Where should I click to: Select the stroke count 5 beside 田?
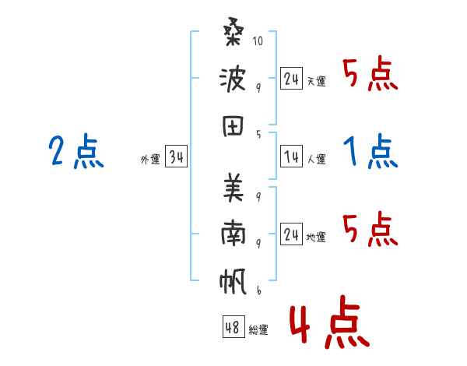pyautogui.click(x=258, y=134)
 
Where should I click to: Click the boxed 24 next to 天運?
pyautogui.click(x=291, y=79)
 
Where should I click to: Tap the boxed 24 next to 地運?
pyautogui.click(x=291, y=234)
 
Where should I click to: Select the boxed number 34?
pyautogui.click(x=176, y=158)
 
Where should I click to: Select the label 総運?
pyautogui.click(x=258, y=329)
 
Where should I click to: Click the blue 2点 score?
pyautogui.click(x=75, y=152)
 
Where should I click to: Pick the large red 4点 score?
pyautogui.click(x=329, y=324)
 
